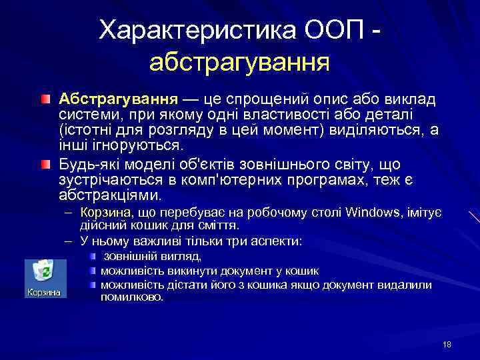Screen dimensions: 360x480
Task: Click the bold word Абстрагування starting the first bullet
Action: [x=117, y=99]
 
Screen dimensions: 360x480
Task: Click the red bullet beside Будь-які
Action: [x=44, y=164]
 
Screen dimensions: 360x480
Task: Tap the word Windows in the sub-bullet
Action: [x=371, y=213]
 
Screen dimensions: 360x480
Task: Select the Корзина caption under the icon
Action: [x=43, y=292]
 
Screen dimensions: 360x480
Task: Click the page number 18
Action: [x=447, y=344]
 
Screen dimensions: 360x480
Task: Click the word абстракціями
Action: [x=109, y=196]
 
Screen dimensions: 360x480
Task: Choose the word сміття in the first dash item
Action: [x=217, y=225]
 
